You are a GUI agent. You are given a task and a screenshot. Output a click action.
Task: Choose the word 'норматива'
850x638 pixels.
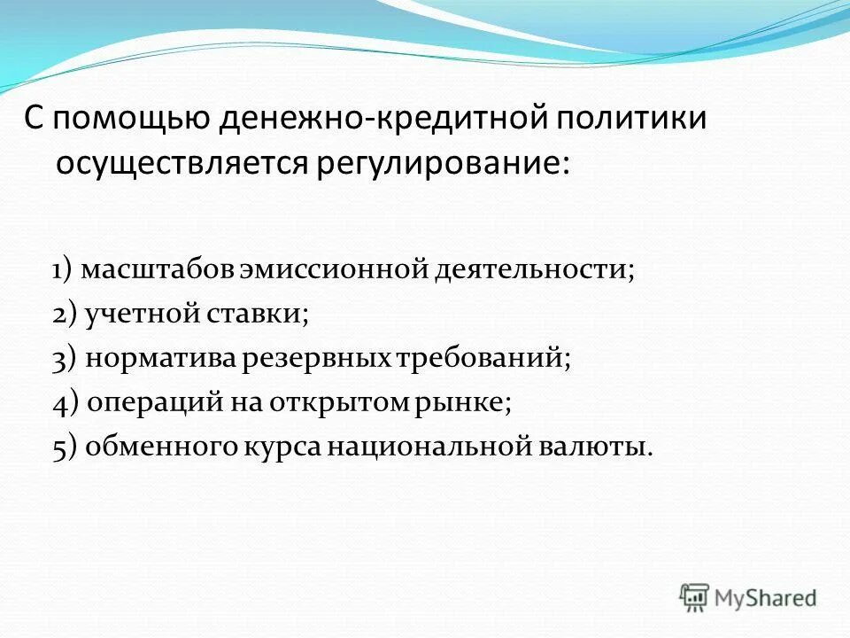pyautogui.click(x=158, y=359)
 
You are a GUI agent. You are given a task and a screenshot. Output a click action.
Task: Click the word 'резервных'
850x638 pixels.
pyautogui.click(x=313, y=359)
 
